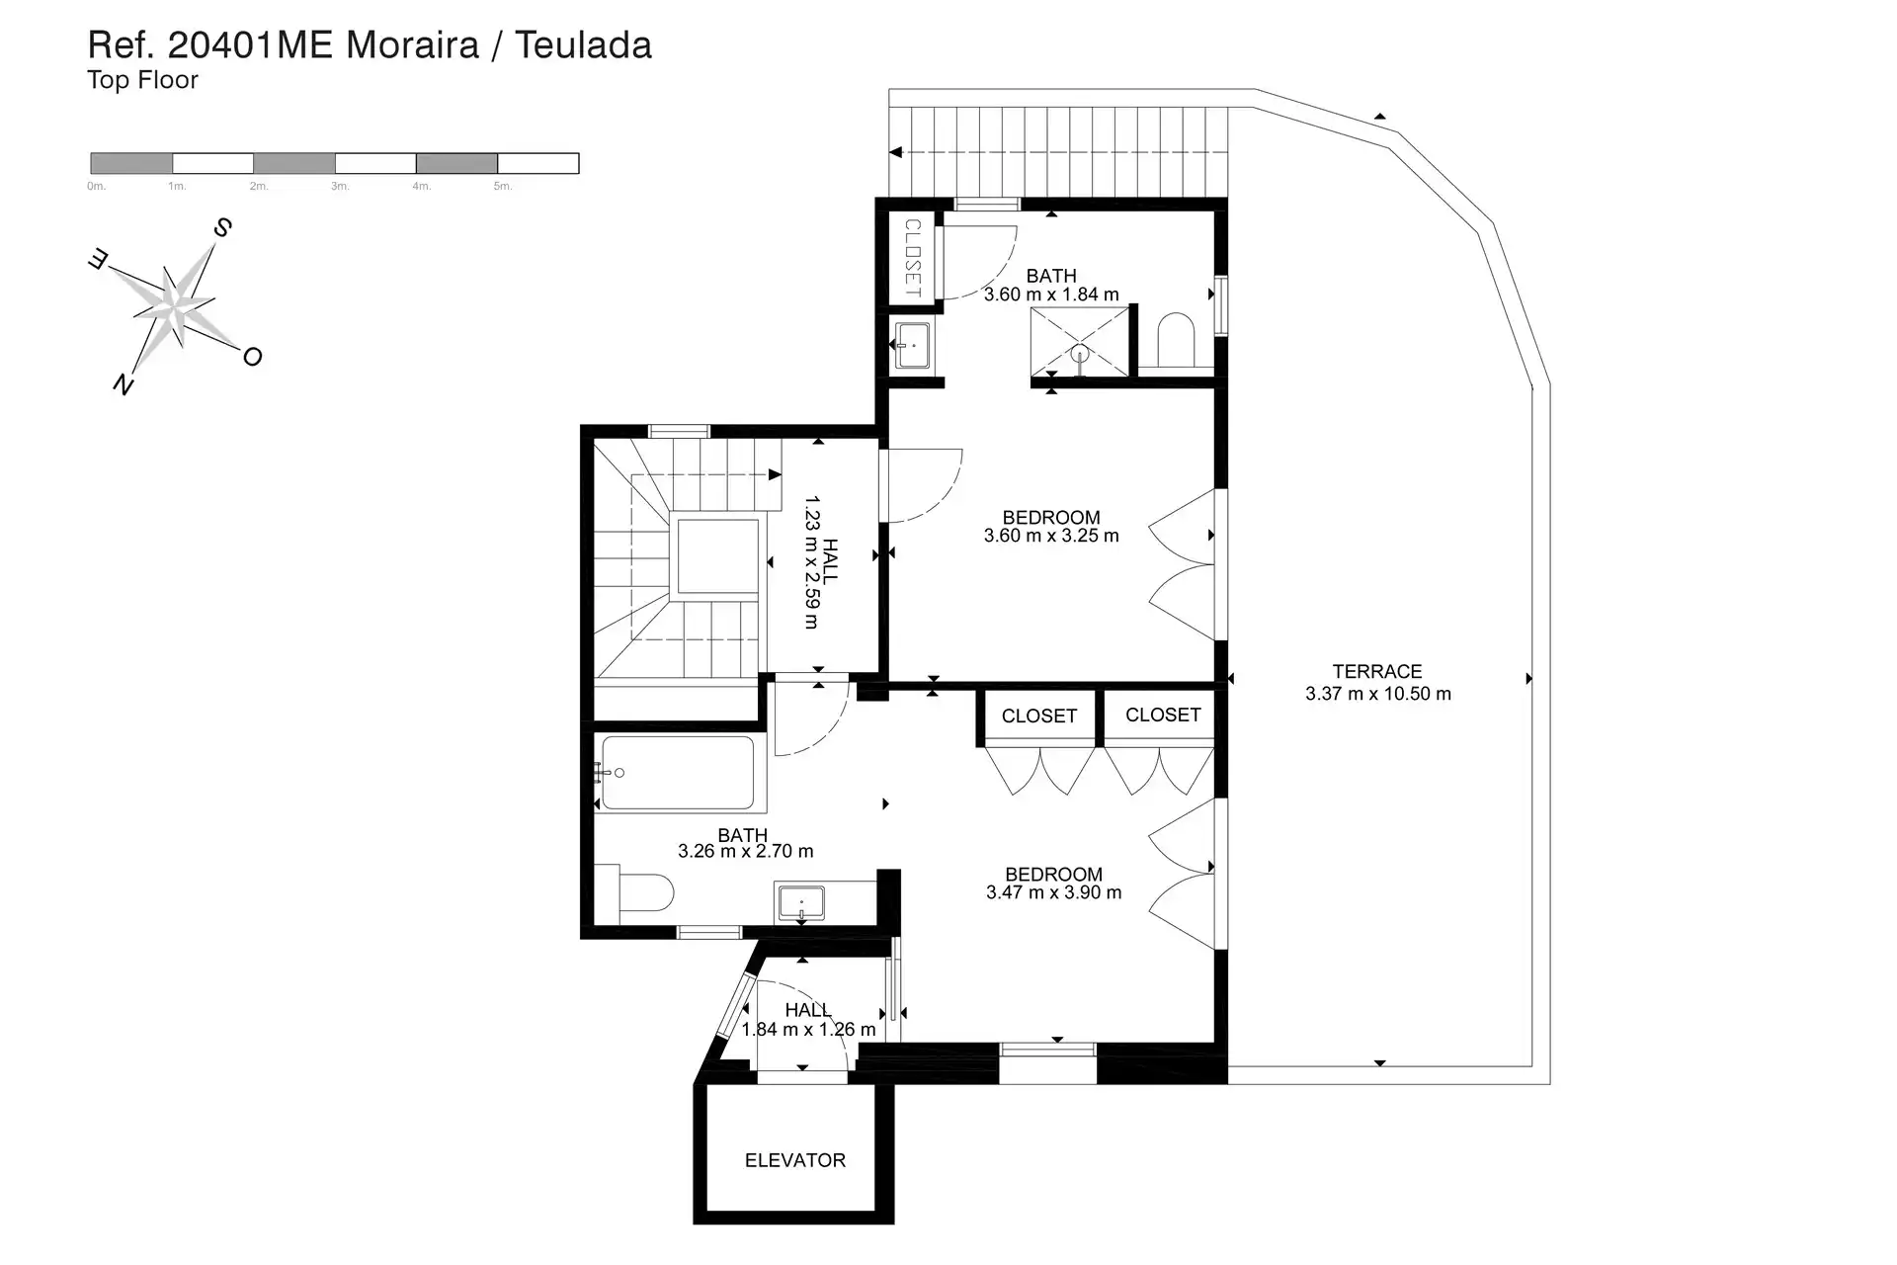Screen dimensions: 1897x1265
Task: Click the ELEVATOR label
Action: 795,1160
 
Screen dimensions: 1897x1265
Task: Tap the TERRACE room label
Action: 1377,672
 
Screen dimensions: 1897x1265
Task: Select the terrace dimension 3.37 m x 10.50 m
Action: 1378,694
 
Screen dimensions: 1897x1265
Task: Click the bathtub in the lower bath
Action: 677,773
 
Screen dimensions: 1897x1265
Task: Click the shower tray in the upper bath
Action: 1080,341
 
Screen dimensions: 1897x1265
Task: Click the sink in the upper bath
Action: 912,346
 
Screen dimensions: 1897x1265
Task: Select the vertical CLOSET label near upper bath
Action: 912,258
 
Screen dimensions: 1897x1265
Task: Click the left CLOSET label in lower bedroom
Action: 1039,717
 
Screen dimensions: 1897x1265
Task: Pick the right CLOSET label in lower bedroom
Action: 1163,716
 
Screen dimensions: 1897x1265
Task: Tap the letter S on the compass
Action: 223,228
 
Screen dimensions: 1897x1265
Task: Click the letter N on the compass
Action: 123,383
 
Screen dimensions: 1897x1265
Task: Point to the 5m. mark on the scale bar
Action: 503,187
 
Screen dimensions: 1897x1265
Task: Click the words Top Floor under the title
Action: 143,80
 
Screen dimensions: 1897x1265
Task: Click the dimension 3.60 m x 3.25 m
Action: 1051,536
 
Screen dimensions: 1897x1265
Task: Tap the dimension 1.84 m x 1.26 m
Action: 808,1030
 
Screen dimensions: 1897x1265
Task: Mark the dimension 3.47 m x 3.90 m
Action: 1054,892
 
